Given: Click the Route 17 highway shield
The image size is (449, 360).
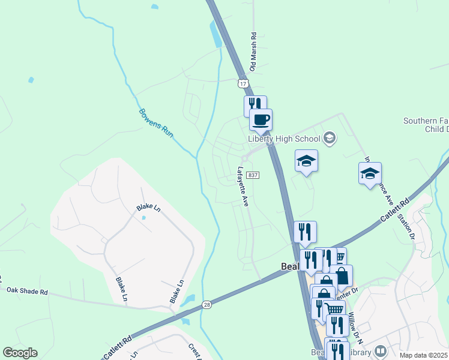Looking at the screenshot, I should coord(243,83).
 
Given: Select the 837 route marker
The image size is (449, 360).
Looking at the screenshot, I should coord(253,175).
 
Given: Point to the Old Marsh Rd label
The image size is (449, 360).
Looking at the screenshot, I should coord(253,52).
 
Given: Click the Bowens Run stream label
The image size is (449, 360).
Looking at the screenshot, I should coord(156,123).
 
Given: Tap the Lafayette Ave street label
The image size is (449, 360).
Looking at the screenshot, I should coord(243,186).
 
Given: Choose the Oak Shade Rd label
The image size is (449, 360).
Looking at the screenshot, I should coord(27,291).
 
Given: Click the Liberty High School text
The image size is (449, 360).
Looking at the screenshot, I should coord(284,139).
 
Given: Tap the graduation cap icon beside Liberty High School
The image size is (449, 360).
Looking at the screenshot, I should coord(329,139).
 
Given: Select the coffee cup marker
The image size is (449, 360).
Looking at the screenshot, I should coord(261,119).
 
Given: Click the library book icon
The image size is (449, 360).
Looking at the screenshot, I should coord(380,350).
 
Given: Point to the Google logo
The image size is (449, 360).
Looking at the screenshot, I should coord(20,353).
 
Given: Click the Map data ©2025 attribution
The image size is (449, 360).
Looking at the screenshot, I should coord(423,355).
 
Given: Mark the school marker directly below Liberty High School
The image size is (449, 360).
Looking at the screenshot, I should coord(306,161).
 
